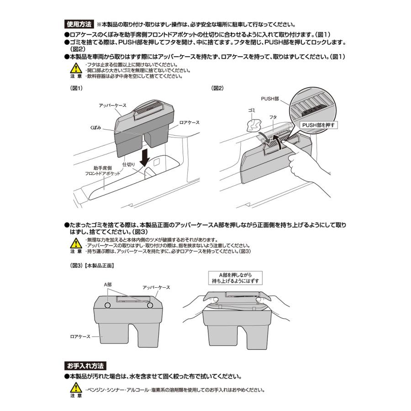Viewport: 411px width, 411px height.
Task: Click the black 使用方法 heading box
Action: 79,24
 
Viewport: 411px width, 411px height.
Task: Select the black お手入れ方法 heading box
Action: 85,366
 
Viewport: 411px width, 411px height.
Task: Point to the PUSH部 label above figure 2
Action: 270,98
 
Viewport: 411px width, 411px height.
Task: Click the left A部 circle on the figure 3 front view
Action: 108,305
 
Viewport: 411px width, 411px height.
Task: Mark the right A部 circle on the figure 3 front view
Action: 150,305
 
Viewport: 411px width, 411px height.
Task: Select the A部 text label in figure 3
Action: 108,284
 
